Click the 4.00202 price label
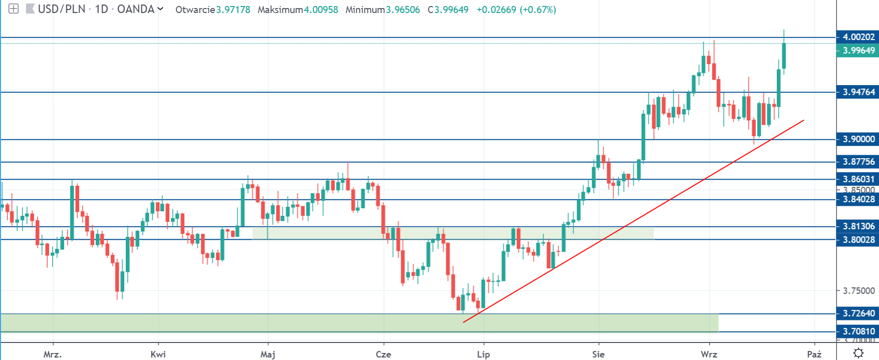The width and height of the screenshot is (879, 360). click(x=858, y=37)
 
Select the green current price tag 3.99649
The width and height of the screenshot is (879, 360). click(x=858, y=51)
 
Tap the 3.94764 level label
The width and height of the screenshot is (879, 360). click(x=858, y=92)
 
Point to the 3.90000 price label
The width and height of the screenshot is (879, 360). click(x=858, y=139)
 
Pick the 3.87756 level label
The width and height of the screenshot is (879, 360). click(x=858, y=162)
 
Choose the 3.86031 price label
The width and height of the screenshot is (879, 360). click(x=858, y=179)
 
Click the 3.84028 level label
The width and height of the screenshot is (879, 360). click(x=858, y=199)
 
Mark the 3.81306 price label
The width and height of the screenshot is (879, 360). click(x=858, y=226)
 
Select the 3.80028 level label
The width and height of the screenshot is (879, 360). click(x=858, y=240)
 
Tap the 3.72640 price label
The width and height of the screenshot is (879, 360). click(x=858, y=314)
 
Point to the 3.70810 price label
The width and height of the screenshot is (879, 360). click(x=858, y=331)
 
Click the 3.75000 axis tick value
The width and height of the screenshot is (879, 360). click(x=858, y=291)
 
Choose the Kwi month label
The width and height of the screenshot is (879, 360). click(x=158, y=354)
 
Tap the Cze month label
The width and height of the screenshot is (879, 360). click(x=383, y=354)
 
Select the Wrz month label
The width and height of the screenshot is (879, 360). click(x=709, y=354)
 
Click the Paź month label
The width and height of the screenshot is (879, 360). click(x=814, y=354)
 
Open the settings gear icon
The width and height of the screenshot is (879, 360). click(x=858, y=353)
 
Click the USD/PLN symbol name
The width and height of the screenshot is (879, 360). click(x=62, y=10)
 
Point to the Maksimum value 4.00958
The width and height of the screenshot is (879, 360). click(x=321, y=10)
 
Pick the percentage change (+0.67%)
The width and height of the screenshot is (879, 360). click(x=537, y=10)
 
